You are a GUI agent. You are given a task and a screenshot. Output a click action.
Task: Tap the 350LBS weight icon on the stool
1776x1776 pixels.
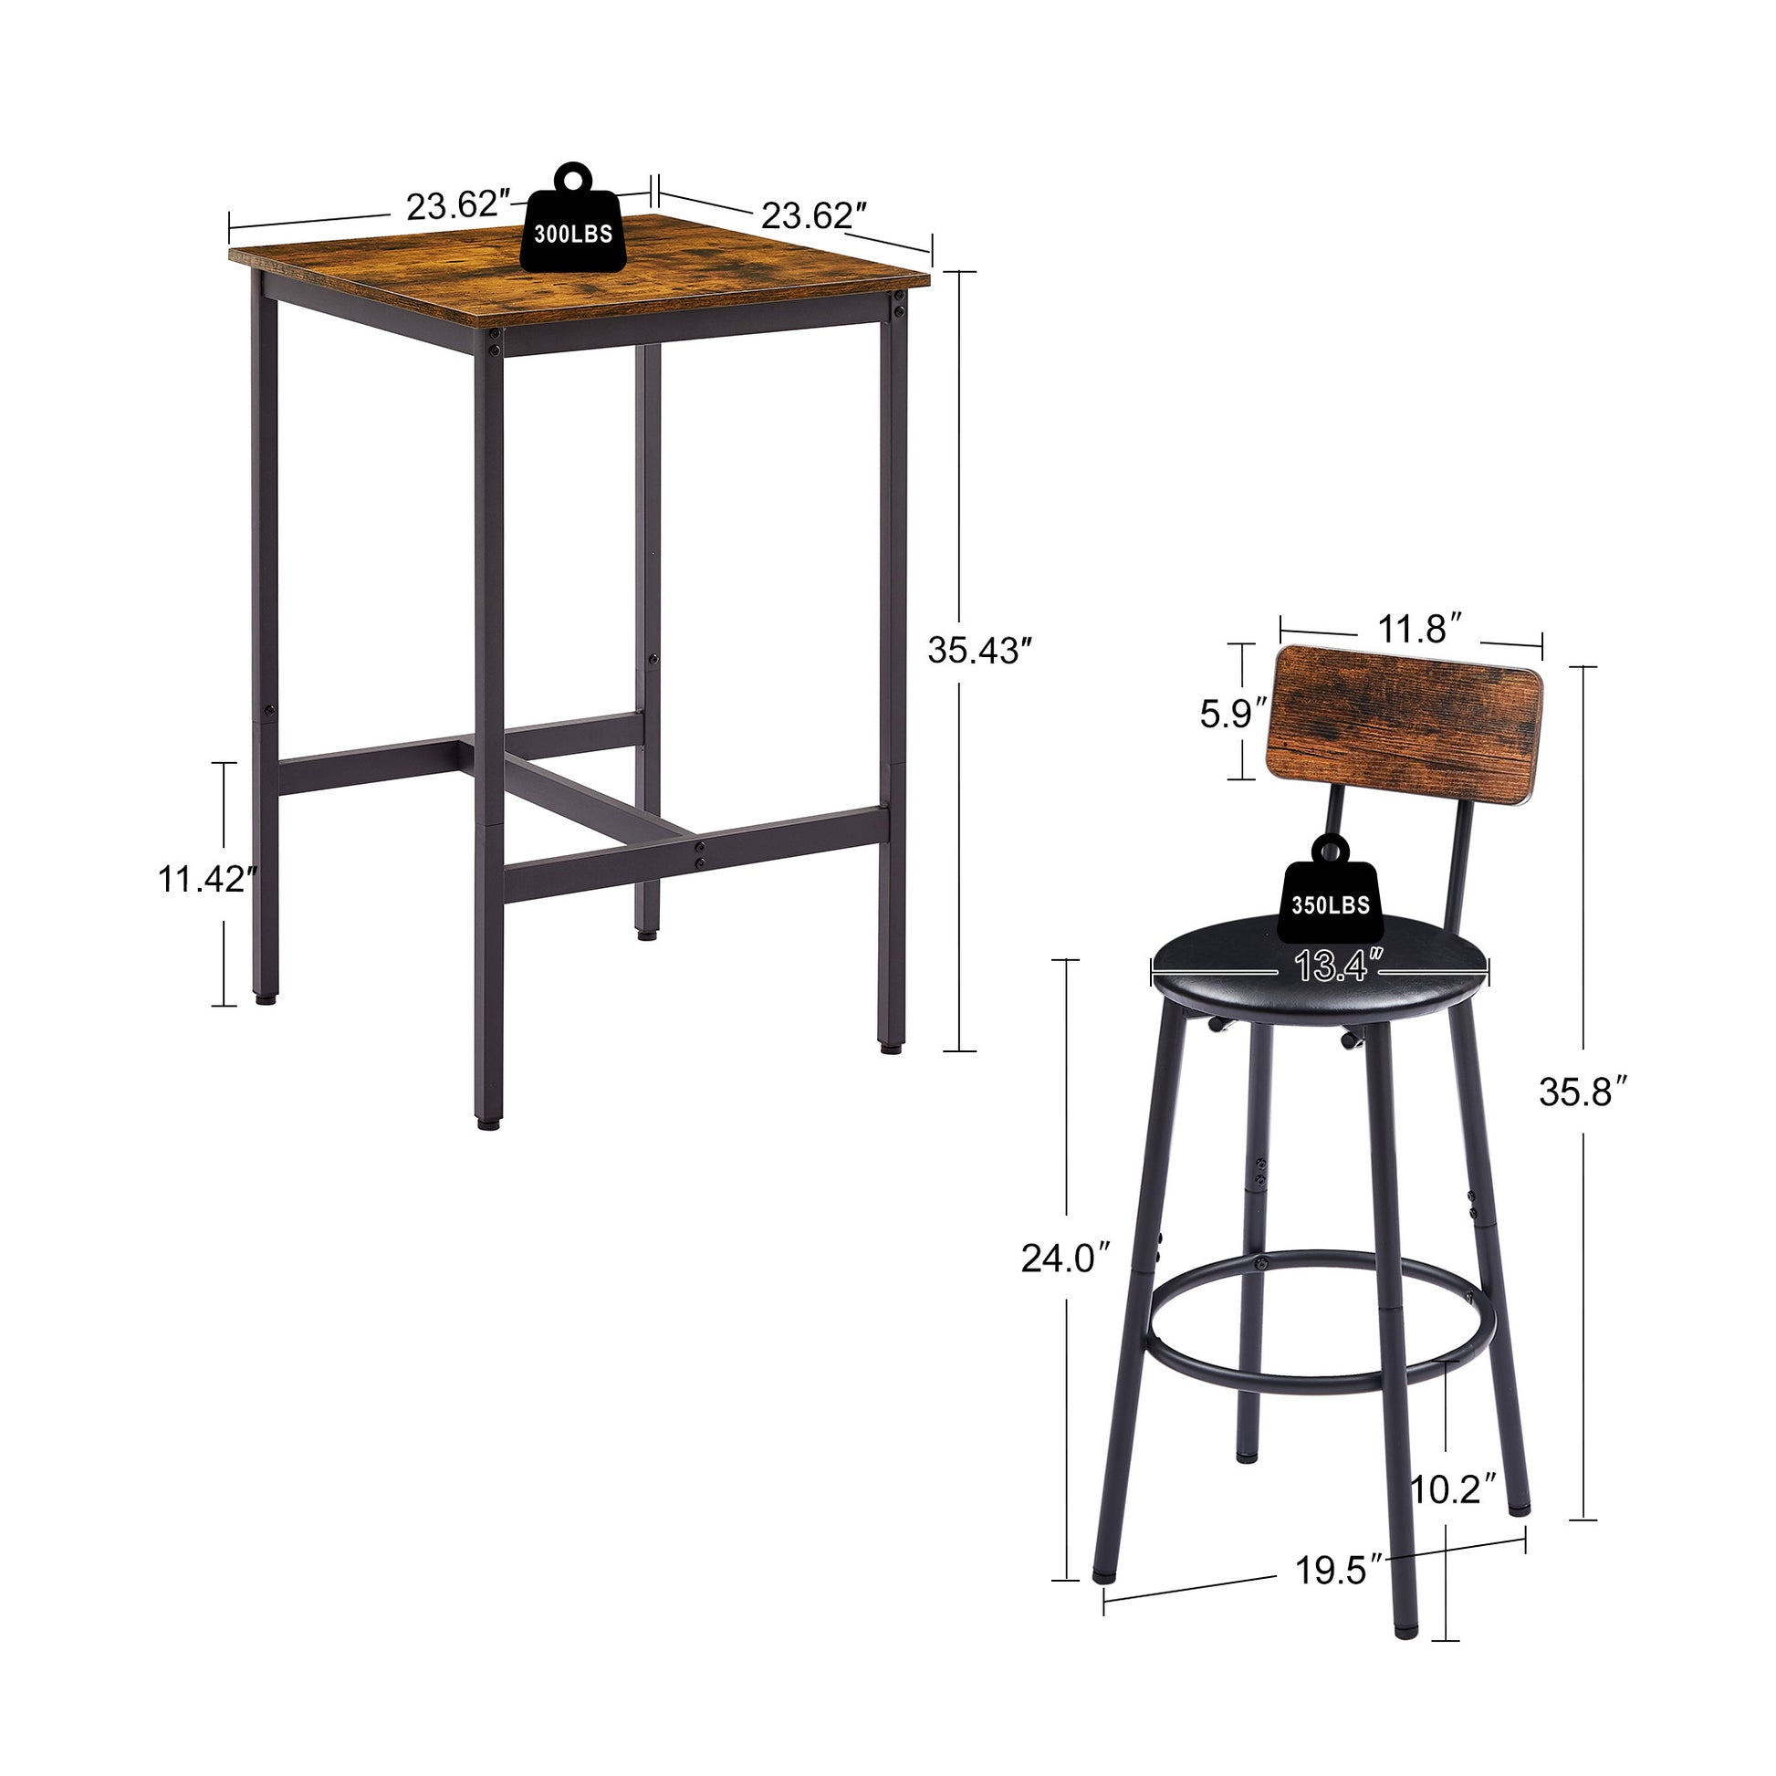[x=1329, y=891]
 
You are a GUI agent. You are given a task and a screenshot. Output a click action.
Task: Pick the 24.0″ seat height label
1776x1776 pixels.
[x=1065, y=1259]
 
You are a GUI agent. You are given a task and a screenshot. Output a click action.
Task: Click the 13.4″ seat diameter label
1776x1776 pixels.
[x=1338, y=966]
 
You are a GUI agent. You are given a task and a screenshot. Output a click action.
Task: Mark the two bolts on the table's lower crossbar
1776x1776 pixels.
[x=700, y=853]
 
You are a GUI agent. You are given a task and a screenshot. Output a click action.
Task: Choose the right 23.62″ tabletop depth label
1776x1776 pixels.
[x=813, y=216]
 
